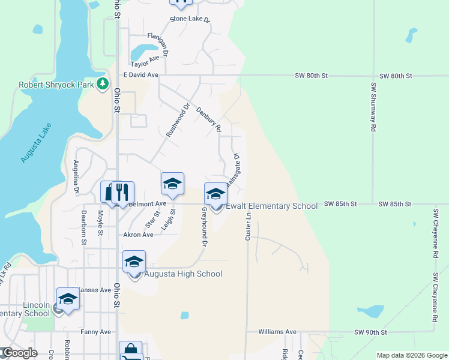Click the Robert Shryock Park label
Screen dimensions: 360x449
click(56, 85)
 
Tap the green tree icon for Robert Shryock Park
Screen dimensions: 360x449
click(103, 84)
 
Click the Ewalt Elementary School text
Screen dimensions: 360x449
click(271, 206)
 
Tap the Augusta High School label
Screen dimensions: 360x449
click(182, 274)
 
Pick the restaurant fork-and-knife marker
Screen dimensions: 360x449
click(122, 193)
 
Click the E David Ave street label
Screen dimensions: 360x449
click(140, 75)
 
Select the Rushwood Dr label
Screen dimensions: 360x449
click(178, 120)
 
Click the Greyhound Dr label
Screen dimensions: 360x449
click(204, 227)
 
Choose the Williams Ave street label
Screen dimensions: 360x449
click(277, 332)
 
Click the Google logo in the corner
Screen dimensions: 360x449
click(19, 353)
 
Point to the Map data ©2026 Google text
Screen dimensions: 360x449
click(411, 355)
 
